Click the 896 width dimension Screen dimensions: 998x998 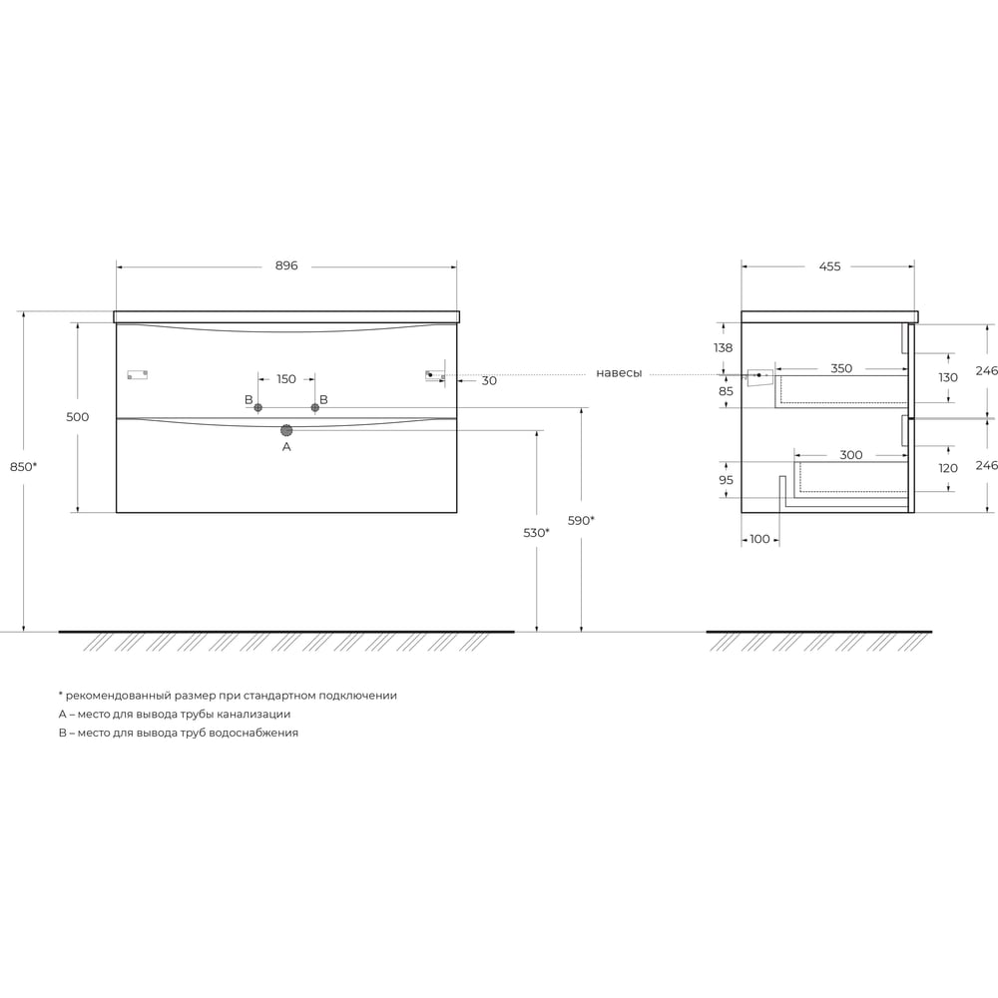click(286, 266)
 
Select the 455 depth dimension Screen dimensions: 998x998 click(829, 266)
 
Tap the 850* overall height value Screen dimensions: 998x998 click(24, 466)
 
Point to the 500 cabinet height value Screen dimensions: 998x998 click(78, 417)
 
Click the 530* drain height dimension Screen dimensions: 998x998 click(537, 533)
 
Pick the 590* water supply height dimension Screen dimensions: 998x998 click(581, 521)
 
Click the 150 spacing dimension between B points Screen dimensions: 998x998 click(286, 379)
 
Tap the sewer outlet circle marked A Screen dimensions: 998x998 click(286, 430)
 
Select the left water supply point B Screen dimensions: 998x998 click(258, 407)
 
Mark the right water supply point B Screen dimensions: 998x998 click(315, 407)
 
